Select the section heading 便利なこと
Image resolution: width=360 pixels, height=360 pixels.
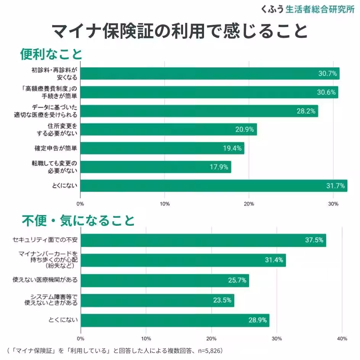(51, 54)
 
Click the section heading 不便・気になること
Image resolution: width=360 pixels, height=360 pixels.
(78, 220)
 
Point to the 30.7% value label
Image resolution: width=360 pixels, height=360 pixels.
(328, 74)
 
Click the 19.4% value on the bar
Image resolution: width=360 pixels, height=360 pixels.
(232, 148)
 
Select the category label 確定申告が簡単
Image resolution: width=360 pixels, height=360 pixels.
(56, 148)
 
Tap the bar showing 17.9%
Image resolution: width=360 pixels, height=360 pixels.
(156, 167)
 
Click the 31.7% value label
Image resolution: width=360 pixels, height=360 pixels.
(336, 186)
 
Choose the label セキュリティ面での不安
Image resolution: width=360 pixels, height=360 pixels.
(45, 240)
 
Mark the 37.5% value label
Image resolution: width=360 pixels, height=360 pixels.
(314, 240)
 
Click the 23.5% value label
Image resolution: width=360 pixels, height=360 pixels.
(222, 300)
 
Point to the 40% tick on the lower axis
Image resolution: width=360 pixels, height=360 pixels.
(342, 338)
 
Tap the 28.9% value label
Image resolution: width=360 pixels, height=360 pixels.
(257, 320)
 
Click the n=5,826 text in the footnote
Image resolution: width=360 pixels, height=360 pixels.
(206, 350)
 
